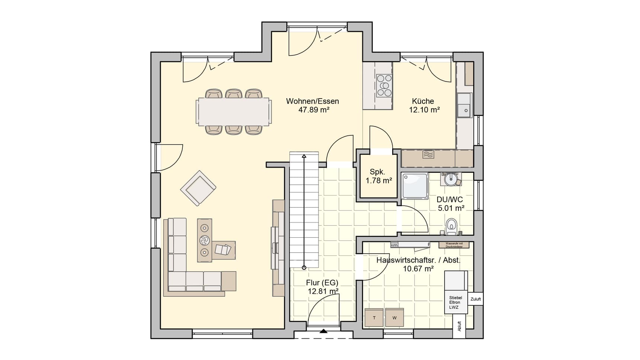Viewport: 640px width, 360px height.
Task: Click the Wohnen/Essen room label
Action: (x=312, y=101)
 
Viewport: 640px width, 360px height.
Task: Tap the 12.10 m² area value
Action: (x=424, y=110)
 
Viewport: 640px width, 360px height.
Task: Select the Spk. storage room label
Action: (x=377, y=172)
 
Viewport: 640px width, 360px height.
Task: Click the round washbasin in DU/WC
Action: (x=451, y=179)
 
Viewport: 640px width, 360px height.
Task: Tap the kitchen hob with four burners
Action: (x=384, y=86)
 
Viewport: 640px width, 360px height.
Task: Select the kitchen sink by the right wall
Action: (x=464, y=105)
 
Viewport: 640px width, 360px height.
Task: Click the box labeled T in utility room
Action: (x=374, y=318)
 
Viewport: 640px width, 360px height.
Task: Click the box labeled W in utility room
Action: (x=394, y=318)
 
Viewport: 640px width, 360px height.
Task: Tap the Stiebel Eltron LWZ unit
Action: (x=455, y=302)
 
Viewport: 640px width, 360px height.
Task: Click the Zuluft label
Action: (x=476, y=299)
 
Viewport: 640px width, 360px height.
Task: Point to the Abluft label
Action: (x=460, y=327)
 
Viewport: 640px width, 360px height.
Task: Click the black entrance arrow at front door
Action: (x=323, y=331)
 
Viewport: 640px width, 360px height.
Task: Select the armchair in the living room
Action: (x=198, y=188)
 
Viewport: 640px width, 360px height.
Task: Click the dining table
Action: (x=233, y=112)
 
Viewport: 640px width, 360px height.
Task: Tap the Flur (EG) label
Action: (x=322, y=283)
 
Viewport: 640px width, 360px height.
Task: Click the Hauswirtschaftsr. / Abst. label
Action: (x=418, y=260)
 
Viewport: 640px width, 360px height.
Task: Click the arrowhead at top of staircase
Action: (x=304, y=156)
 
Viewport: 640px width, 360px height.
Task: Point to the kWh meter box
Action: (x=394, y=245)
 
